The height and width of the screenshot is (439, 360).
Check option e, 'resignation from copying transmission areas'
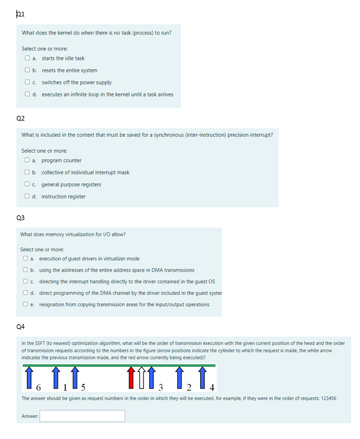pyautogui.click(x=26, y=304)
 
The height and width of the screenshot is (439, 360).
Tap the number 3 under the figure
pyautogui.click(x=160, y=387)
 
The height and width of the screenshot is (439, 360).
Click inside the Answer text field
pyautogui.click(x=82, y=416)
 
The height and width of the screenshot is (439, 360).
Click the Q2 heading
pyautogui.click(x=20, y=118)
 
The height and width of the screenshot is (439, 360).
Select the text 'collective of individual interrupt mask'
pyautogui.click(x=85, y=173)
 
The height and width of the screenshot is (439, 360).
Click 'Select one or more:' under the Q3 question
pyautogui.click(x=42, y=249)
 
